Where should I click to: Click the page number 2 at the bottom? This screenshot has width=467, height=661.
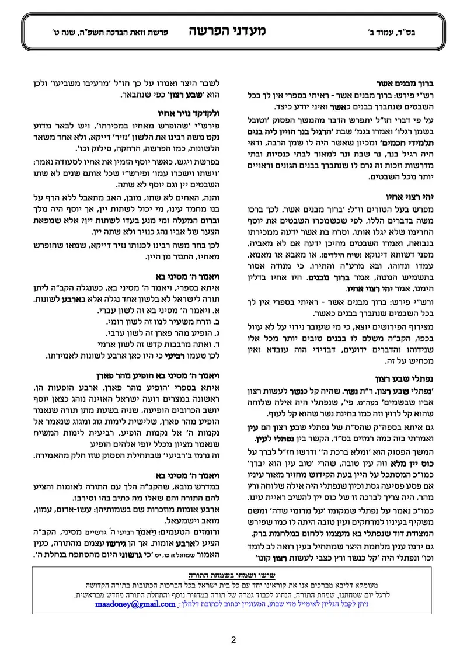[x=233, y=639]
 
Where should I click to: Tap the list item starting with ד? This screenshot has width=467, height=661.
[x=153, y=344]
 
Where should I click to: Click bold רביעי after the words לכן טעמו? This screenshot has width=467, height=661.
[x=169, y=355]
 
